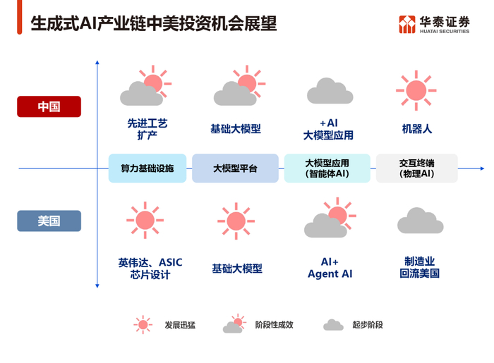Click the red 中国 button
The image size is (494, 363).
49,106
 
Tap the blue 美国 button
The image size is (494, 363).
49,221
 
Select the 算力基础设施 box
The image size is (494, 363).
147,168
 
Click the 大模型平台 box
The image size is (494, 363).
235,168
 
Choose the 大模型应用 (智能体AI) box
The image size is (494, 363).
327,168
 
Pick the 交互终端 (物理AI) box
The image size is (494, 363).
417,168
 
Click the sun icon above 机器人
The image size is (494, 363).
416,90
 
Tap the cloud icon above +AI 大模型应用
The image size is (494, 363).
330,91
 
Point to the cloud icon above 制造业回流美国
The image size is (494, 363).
421,221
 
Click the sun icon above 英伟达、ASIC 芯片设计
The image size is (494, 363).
145,220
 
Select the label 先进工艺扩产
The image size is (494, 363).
147,129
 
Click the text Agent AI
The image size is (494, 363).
330,274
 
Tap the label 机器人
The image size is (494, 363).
417,129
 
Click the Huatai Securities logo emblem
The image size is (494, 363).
407,24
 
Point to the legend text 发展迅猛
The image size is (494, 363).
180,325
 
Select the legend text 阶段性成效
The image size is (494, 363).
274,325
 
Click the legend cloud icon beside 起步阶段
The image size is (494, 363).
333,325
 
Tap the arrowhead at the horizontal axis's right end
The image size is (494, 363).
482,168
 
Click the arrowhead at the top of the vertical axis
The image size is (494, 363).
97,63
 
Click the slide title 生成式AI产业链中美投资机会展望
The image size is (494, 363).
154,24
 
